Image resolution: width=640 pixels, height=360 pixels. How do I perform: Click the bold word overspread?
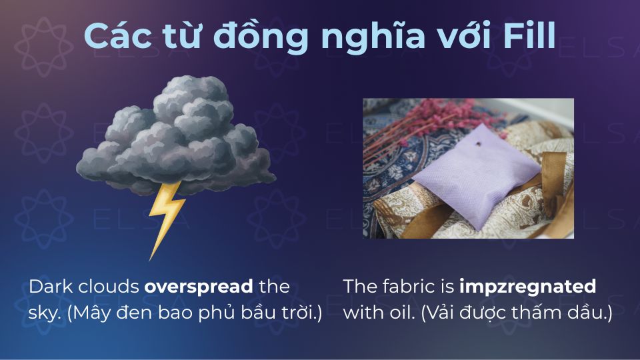pos(199,287)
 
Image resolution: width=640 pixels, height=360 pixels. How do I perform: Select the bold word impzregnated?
pos(527,287)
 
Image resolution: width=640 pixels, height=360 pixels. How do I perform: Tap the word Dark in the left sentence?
pos(49,287)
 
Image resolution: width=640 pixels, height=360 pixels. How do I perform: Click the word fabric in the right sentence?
pos(413,287)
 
